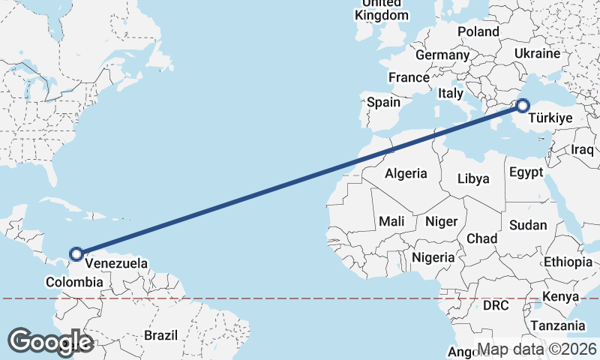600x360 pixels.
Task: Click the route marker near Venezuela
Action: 76,254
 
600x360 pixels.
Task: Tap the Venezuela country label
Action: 116,264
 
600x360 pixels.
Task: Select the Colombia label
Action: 74,282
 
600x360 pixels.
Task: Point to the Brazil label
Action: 160,334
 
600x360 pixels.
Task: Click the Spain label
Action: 384,102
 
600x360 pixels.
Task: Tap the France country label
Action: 409,77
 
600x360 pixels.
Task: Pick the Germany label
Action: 442,55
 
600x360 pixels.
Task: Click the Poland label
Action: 478,31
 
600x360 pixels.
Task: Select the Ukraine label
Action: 537,54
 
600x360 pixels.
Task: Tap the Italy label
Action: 451,94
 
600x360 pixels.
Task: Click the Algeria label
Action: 406,173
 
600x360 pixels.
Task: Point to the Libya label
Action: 474,178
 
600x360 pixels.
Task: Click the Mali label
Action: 391,221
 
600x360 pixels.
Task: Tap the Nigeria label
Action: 433,257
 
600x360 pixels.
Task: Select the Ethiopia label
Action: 568,262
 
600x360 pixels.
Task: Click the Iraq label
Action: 582,149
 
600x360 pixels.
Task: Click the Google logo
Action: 50,342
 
